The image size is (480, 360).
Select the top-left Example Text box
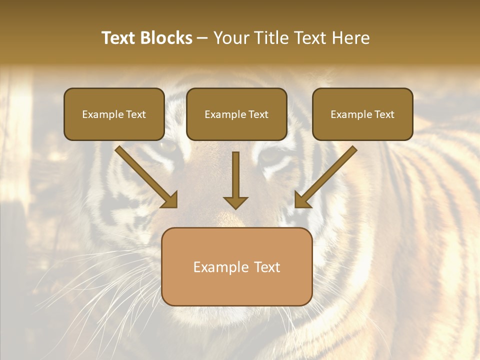tap(114, 114)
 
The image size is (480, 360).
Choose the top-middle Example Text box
tap(236, 114)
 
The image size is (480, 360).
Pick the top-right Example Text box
tap(362, 114)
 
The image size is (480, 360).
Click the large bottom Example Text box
tap(237, 267)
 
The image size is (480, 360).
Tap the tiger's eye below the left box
tap(168, 146)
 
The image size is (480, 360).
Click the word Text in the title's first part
tap(118, 38)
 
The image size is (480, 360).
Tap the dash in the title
tap(202, 38)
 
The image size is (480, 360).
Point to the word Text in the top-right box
tap(384, 114)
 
